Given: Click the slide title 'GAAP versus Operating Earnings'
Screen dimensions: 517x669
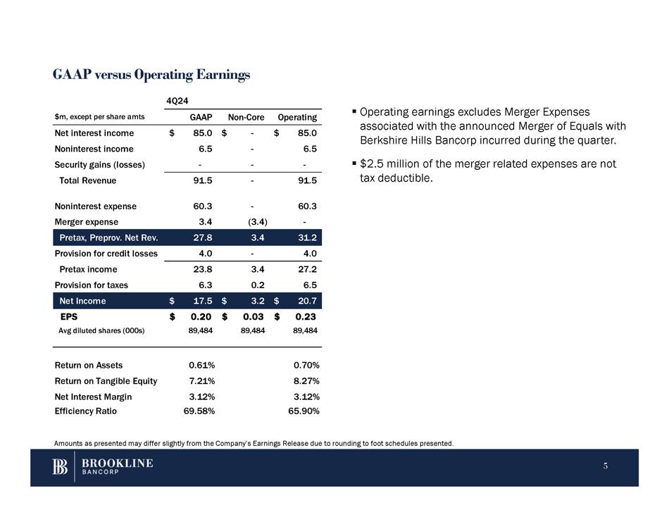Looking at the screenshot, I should point(151,75).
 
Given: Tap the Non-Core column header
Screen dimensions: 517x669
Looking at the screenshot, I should point(246,118).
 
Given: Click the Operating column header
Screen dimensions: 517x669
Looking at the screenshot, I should point(297,118).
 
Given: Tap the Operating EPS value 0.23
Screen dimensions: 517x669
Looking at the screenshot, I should point(305,317).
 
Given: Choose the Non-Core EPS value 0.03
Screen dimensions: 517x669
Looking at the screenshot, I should point(253,317).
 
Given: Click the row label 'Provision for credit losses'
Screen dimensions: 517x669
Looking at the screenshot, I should point(106,254).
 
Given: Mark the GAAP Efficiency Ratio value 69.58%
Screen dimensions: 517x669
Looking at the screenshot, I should point(199,411).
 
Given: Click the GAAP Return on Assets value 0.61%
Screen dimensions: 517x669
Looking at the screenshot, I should point(201,365).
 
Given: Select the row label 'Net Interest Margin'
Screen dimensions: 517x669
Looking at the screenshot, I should point(93,397).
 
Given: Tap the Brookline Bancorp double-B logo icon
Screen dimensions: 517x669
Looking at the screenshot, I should point(61,468).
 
